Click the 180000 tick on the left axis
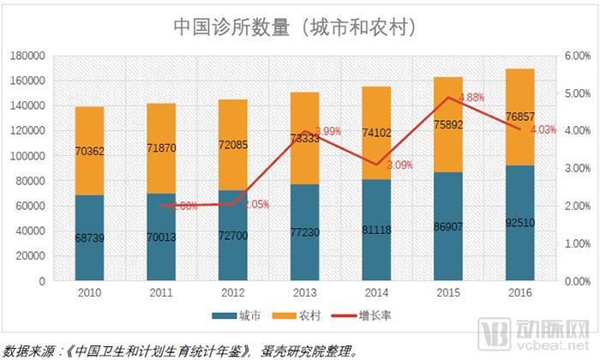tap(27, 56)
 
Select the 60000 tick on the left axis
tap(30, 206)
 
